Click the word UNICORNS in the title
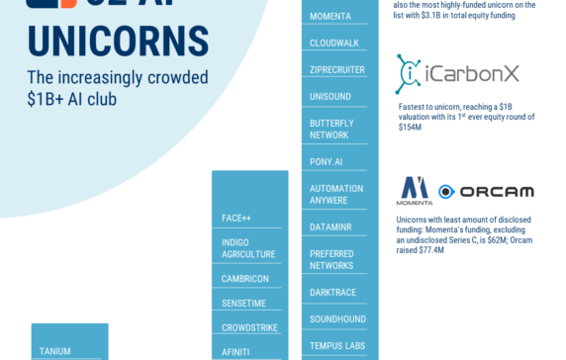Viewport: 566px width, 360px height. pyautogui.click(x=118, y=42)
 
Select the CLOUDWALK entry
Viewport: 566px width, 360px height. pyautogui.click(x=334, y=44)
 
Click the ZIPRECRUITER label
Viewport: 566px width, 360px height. pyautogui.click(x=337, y=70)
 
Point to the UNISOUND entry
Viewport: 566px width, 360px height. pyautogui.click(x=331, y=97)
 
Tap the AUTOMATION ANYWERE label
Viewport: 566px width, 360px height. pyautogui.click(x=336, y=194)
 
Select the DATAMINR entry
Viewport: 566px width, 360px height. pyautogui.click(x=331, y=226)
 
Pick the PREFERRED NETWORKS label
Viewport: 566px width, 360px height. pyautogui.click(x=331, y=259)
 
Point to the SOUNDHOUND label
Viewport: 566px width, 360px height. pyautogui.click(x=337, y=319)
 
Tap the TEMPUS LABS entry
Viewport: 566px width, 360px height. pyautogui.click(x=337, y=345)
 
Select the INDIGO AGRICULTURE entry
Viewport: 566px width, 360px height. pyautogui.click(x=248, y=248)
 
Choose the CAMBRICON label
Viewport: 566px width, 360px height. pyautogui.click(x=245, y=279)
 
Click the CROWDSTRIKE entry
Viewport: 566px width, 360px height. pyautogui.click(x=249, y=327)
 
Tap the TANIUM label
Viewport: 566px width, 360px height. pyautogui.click(x=55, y=350)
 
